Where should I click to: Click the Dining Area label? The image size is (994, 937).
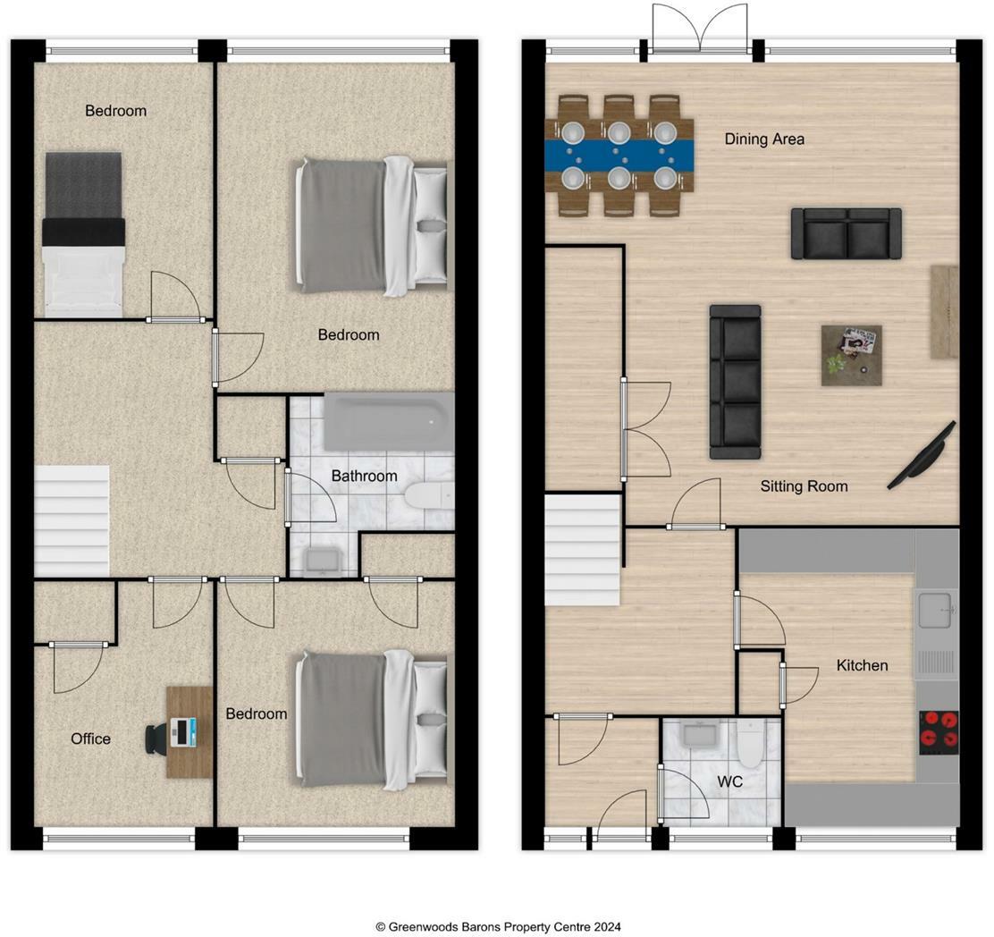click(764, 139)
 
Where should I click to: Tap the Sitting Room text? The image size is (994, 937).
click(804, 486)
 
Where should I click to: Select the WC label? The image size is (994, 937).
click(730, 781)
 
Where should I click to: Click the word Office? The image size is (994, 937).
click(91, 739)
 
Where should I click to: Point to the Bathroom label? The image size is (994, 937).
click(364, 476)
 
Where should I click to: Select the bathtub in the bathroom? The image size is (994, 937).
click(388, 422)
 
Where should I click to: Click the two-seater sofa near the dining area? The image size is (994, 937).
click(846, 233)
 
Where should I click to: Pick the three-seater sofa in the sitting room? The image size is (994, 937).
click(735, 382)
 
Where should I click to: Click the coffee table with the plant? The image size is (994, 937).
click(851, 355)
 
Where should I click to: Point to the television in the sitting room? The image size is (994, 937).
click(922, 456)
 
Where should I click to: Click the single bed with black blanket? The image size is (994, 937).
click(83, 232)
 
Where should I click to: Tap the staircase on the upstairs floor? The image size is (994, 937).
click(72, 520)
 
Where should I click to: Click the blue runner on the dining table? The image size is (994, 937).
click(619, 156)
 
